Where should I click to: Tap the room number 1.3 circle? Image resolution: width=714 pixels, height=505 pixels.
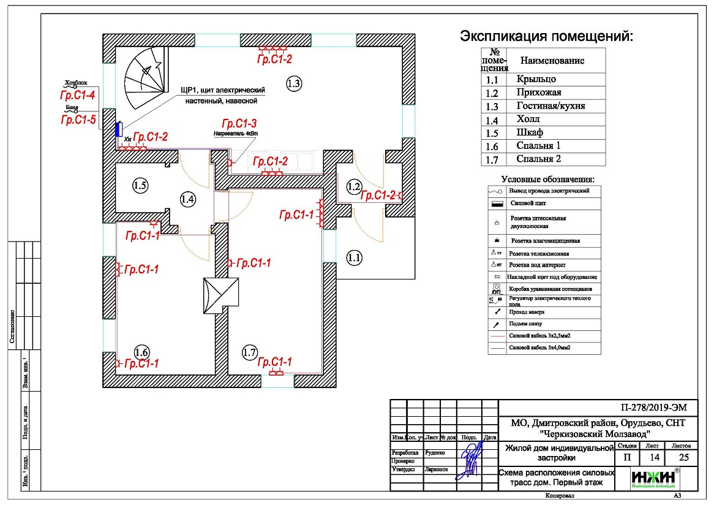294,83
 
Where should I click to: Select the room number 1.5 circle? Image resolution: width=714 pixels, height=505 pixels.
140,186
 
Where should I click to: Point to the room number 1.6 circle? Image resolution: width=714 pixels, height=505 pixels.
141,352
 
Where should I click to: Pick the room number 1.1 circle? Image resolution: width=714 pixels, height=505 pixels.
355,258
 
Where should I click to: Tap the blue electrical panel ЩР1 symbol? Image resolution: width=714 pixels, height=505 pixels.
118,129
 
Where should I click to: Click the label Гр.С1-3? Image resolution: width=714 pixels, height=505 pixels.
239,123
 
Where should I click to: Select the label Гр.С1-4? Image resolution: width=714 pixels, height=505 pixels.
77,96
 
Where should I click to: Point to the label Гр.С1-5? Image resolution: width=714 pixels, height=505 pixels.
78,120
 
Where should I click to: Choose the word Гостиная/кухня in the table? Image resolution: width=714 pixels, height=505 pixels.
551,106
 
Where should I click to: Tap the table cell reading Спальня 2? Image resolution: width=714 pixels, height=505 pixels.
539,159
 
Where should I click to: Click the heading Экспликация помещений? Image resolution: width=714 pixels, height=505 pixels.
546,36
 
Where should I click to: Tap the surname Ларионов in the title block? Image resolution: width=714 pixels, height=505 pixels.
436,469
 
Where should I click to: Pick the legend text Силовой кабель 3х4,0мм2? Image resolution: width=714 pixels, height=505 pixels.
544,347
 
